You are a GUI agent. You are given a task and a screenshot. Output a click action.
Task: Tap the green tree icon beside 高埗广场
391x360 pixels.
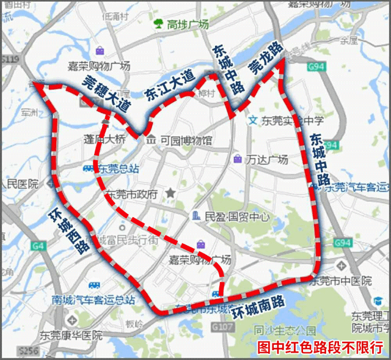pyautogui.click(x=158, y=24)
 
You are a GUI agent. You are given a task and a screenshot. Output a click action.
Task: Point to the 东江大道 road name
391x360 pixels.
pyautogui.click(x=169, y=85)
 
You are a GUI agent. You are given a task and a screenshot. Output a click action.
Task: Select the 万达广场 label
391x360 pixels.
pyautogui.click(x=267, y=160)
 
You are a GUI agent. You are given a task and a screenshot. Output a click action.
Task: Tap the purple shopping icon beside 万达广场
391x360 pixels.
pyautogui.click(x=237, y=159)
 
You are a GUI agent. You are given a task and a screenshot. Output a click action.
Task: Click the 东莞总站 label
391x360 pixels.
pyautogui.click(x=119, y=169)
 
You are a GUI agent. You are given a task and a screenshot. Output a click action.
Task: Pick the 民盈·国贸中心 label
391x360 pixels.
pyautogui.click(x=238, y=216)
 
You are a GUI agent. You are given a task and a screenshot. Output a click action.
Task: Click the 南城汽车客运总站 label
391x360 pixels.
pyautogui.click(x=93, y=300)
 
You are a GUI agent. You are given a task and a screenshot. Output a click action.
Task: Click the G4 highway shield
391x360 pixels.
pyautogui.click(x=39, y=246)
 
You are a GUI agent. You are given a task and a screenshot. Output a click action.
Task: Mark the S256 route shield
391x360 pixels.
pyautogui.click(x=28, y=350)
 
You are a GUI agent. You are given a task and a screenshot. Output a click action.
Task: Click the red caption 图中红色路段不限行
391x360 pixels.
pyautogui.click(x=320, y=347)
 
